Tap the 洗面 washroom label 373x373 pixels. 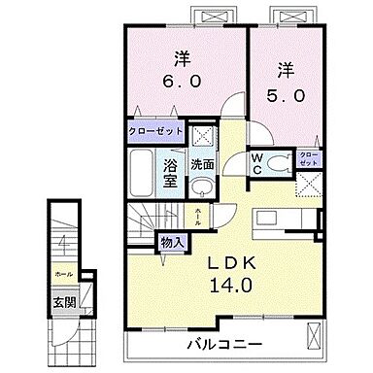[x=202, y=164]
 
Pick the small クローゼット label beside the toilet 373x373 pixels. [x=307, y=158]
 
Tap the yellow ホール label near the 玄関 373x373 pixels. [x=62, y=274]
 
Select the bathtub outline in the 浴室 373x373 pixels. [x=143, y=174]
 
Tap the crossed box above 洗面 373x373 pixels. [x=203, y=135]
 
